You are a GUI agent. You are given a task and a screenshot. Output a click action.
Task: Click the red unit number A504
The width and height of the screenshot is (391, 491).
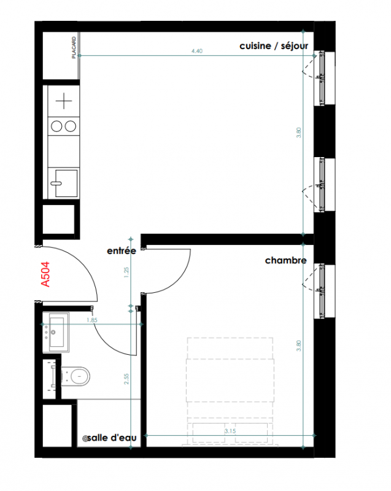click(x=45, y=274)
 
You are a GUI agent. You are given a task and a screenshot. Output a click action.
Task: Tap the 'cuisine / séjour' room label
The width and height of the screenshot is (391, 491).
click(x=274, y=46)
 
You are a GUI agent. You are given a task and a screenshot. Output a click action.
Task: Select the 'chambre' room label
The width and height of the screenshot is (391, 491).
click(x=286, y=260)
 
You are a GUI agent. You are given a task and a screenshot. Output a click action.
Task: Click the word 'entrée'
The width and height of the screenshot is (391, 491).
click(x=122, y=251)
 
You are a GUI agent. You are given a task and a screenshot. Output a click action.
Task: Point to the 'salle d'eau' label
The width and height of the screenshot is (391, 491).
click(x=112, y=438)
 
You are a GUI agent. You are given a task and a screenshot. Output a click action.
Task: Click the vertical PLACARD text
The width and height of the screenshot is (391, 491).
click(x=74, y=48)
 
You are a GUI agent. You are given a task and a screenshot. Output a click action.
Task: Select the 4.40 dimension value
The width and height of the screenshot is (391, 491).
click(x=197, y=51)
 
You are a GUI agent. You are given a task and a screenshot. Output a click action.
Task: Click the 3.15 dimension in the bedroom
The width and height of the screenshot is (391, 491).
click(x=230, y=431)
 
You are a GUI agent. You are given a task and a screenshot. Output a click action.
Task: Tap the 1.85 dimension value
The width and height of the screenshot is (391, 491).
click(x=92, y=320)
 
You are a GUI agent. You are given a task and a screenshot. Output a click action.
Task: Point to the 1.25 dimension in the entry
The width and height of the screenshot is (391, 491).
click(x=126, y=273)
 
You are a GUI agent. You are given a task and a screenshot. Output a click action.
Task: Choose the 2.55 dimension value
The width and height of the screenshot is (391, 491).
click(x=126, y=379)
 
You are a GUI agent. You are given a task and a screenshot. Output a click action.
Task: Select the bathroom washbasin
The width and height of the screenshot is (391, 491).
click(x=56, y=332)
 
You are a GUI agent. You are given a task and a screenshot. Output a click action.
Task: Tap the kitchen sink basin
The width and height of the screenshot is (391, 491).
click(x=66, y=183)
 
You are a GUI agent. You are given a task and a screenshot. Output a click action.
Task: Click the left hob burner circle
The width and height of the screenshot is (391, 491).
click(x=56, y=126)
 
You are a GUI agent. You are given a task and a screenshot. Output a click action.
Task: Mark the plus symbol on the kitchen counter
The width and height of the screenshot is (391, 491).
click(x=64, y=101)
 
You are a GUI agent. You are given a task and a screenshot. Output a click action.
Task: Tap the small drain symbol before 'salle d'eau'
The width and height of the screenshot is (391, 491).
click(x=85, y=439)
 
